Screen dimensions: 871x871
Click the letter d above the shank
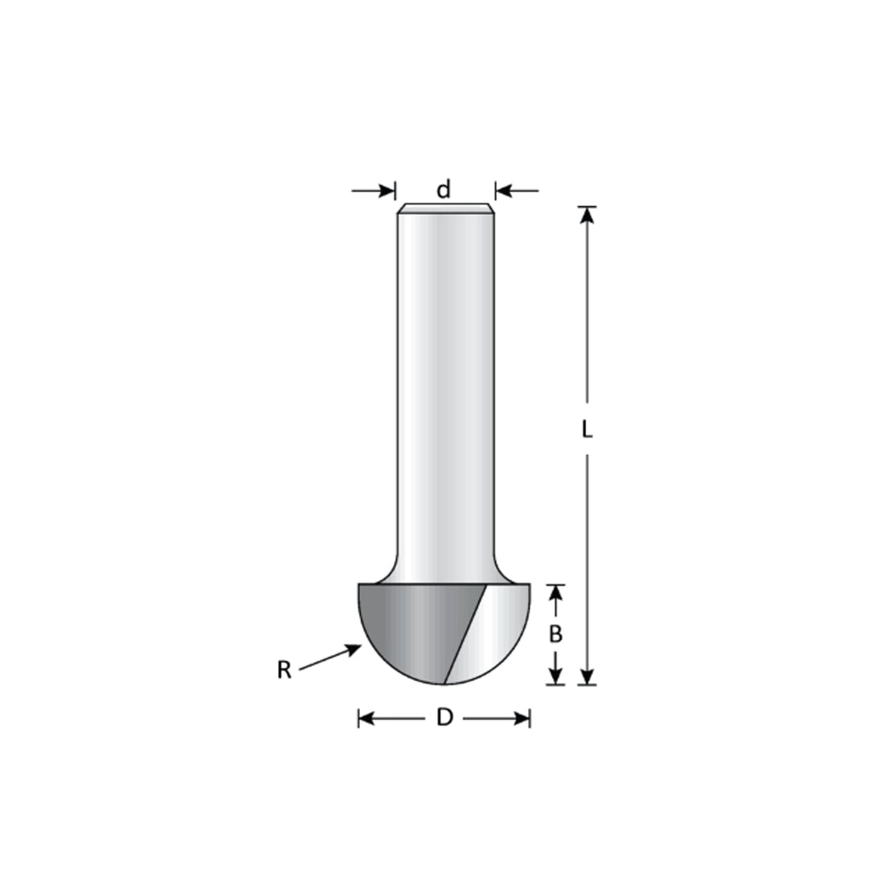tap(443, 190)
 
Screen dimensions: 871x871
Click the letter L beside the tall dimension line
tap(587, 430)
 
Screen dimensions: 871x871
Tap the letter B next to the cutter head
tap(555, 634)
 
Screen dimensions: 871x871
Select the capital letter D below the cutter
tap(444, 718)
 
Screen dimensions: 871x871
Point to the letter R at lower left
tap(284, 670)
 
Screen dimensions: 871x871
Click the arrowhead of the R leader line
tap(354, 648)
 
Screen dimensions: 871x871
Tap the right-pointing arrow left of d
tap(373, 191)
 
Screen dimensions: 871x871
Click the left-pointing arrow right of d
tap(517, 191)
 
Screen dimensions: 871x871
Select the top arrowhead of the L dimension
tap(587, 215)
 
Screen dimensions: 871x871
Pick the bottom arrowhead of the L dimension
tap(587, 676)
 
